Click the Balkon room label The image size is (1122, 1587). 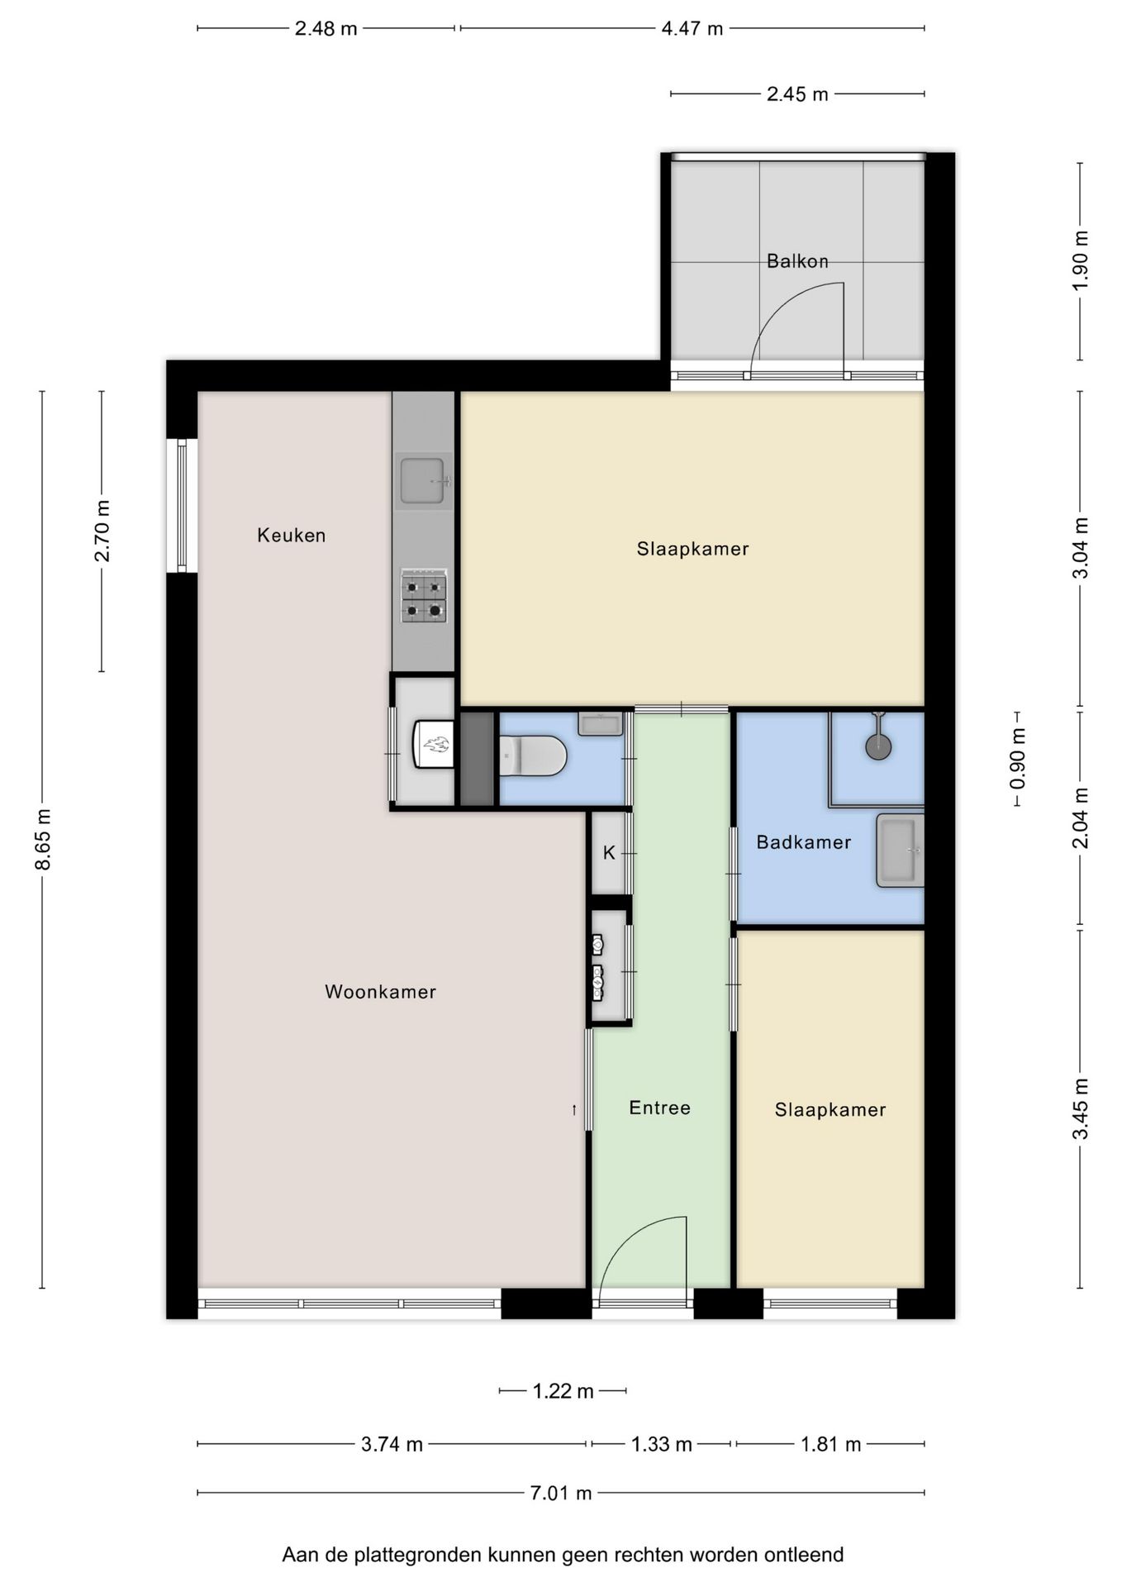[x=797, y=261]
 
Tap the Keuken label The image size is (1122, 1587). [x=292, y=536]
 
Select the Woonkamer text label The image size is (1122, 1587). [x=380, y=992]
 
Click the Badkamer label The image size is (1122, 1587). [x=804, y=842]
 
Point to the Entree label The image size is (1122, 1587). [x=659, y=1108]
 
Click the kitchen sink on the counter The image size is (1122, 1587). [x=423, y=480]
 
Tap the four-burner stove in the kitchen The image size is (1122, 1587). [x=424, y=596]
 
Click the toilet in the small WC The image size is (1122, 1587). [x=533, y=756]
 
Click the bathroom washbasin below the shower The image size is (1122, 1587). [x=900, y=851]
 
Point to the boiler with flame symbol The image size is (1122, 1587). [x=434, y=744]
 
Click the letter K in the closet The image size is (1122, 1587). [x=609, y=853]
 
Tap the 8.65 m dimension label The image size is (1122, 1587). [x=43, y=840]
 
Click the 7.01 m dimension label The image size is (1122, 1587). [x=561, y=1493]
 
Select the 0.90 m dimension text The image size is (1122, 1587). [x=1018, y=758]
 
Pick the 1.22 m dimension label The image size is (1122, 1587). [x=563, y=1391]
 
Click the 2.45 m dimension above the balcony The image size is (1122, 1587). [x=797, y=94]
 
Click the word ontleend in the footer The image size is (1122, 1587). [x=804, y=1555]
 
